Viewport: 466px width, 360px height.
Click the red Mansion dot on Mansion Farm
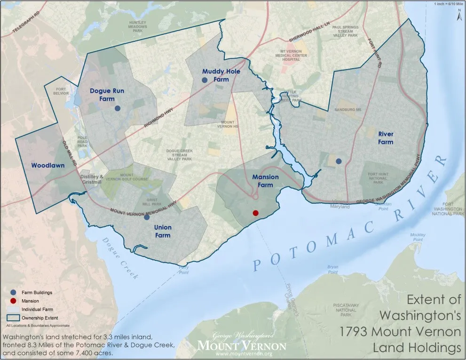click(x=255, y=213)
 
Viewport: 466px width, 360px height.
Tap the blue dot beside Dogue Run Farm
click(x=118, y=108)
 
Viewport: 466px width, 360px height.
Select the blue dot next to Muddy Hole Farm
click(x=205, y=80)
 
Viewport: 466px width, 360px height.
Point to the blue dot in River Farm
click(x=339, y=161)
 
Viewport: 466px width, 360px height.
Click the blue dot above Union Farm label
click(x=147, y=217)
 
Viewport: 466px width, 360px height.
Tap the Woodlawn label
click(x=47, y=165)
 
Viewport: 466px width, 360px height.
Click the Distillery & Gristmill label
click(x=92, y=180)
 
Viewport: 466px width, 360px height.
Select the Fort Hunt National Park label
click(x=378, y=178)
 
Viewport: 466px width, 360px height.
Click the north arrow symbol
click(x=459, y=15)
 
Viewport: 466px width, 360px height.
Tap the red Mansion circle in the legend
click(x=11, y=301)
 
